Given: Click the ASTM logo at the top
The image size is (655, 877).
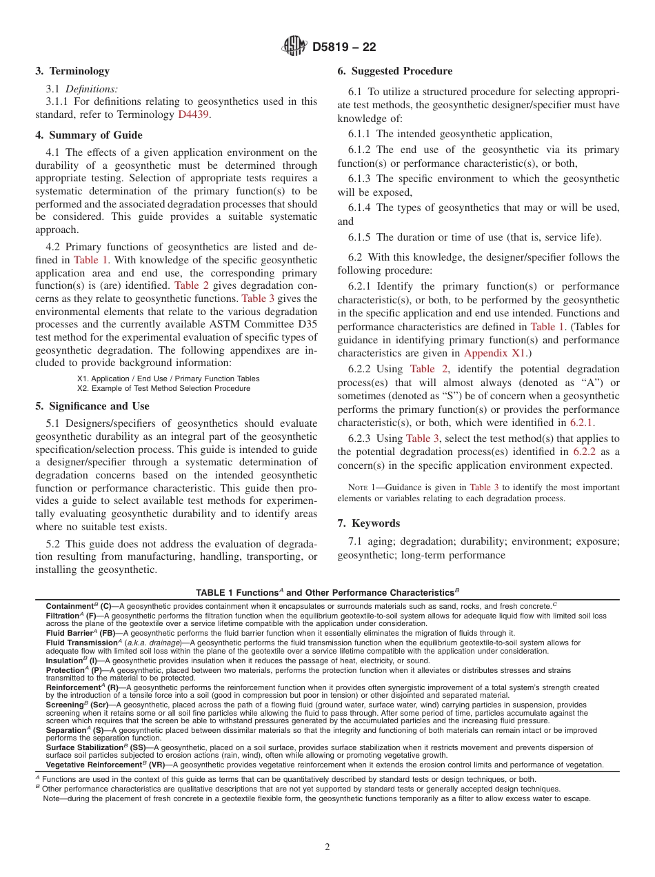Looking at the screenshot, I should pos(295,47).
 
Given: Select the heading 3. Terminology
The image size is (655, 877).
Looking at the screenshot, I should pos(72,71).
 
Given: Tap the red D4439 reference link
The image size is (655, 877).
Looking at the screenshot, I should pos(193,114).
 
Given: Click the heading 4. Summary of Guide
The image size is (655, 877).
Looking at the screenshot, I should pos(89,135).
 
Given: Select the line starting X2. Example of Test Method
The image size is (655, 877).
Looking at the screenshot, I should pos(163,388).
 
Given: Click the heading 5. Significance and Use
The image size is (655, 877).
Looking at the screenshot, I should pos(92,406).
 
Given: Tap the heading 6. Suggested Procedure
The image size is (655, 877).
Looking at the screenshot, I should pos(395,71).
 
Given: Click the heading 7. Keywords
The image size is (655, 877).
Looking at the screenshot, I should pos(368,523).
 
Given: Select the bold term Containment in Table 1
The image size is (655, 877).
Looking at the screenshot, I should pos(69,606).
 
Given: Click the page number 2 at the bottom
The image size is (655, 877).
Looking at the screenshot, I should pos(327,847).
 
